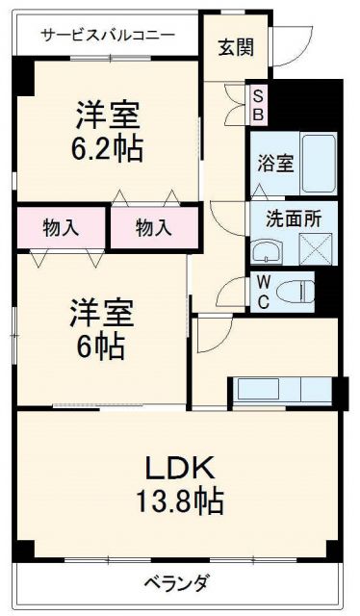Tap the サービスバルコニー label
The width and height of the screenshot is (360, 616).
point(108,36)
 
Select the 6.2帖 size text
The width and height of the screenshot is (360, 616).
point(108,149)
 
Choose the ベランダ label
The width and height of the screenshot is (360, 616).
point(178,583)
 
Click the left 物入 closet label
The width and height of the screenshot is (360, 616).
point(61,228)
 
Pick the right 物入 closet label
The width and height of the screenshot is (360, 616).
point(153,228)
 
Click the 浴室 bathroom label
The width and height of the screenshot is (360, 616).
point(275,164)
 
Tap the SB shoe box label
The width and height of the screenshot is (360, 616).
point(257,102)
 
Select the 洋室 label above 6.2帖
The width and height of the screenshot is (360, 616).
point(108,115)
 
